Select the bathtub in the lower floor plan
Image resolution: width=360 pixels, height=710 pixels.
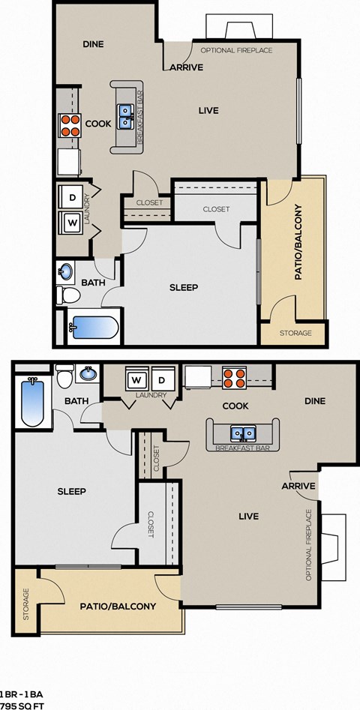click(31, 403)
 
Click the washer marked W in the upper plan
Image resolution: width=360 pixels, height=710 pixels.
click(73, 222)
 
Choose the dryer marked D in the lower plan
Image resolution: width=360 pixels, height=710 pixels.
click(163, 376)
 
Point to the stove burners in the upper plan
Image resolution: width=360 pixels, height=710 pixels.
click(70, 125)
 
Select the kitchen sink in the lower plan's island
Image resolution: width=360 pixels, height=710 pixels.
click(242, 433)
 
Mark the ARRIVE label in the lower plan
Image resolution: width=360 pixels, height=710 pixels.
click(298, 486)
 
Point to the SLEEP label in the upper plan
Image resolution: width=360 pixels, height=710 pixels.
click(184, 287)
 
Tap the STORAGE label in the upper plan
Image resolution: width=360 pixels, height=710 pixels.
click(295, 333)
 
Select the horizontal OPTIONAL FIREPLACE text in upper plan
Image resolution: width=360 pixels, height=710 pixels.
click(236, 50)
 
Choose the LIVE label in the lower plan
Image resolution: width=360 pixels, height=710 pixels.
click(248, 516)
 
